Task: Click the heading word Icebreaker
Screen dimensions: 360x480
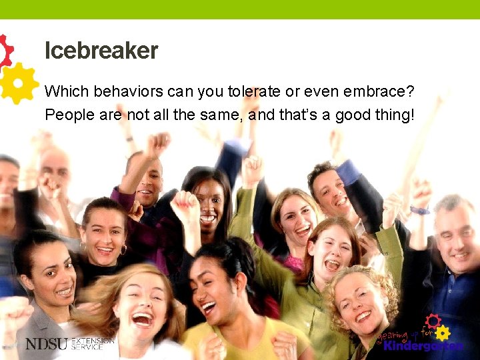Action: point(101,51)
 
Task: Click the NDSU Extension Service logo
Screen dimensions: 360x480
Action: point(69,344)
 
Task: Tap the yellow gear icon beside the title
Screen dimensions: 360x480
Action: point(19,82)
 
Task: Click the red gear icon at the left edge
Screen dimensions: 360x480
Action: point(5,51)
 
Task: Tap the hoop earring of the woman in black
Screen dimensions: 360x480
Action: point(123,249)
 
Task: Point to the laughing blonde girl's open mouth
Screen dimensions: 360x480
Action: point(142,319)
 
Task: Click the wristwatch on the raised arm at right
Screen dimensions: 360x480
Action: point(419,211)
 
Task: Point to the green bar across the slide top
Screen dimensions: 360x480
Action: point(240,9)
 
